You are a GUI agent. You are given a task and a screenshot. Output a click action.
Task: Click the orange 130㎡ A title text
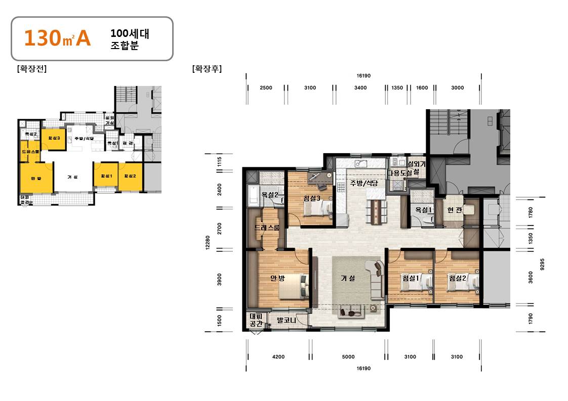pos(57,39)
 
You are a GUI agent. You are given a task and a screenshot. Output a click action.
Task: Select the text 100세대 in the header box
pos(130,34)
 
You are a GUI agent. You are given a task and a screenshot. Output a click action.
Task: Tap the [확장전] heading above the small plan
pos(31,69)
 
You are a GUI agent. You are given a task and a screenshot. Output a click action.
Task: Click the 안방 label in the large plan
pos(277,278)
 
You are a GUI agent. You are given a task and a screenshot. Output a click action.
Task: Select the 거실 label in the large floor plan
pos(348,278)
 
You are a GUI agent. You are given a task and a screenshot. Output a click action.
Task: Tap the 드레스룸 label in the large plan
pos(267,228)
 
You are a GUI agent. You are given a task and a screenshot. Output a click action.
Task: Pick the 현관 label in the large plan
pos(455,210)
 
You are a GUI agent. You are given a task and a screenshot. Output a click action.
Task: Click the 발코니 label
pos(287,320)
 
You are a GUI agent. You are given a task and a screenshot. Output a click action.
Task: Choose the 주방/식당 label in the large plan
pos(364,183)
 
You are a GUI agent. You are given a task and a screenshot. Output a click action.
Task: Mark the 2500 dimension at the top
pos(266,88)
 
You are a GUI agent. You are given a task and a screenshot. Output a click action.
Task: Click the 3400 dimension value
pos(360,88)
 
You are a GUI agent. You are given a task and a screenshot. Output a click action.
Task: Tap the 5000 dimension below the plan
pos(348,357)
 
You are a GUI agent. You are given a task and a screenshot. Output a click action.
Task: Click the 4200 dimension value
pos(278,357)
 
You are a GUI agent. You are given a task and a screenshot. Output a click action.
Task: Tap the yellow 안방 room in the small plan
pos(35,178)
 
